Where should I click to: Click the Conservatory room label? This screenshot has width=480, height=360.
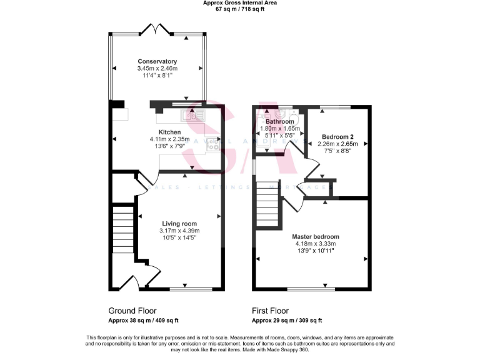157,61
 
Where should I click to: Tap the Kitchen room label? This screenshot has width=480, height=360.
169,132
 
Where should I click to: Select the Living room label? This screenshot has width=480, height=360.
179,224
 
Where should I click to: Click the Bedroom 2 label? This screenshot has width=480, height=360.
337,136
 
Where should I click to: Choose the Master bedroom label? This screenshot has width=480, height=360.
316,237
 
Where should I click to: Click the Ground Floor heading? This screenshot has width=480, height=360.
132,310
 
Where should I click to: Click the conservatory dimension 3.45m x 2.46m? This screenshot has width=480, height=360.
157,68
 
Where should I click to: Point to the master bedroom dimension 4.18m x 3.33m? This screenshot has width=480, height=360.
316,244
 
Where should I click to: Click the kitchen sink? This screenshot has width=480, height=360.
193,115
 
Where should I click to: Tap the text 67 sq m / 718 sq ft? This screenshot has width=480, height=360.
240,9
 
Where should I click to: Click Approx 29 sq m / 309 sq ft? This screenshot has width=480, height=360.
287,321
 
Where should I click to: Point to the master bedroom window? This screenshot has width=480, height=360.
309,289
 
